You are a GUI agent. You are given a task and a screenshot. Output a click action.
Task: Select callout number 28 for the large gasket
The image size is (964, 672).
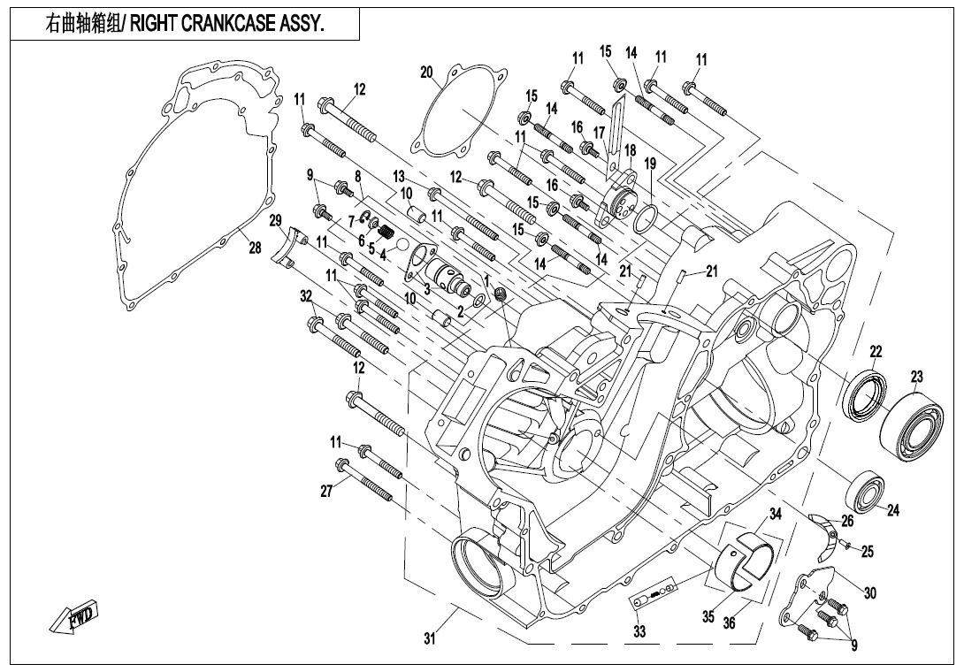pyautogui.click(x=255, y=248)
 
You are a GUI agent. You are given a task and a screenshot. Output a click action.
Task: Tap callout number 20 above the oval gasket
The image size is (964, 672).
pyautogui.click(x=426, y=72)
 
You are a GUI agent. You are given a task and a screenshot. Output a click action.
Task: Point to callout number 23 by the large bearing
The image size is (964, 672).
pyautogui.click(x=916, y=378)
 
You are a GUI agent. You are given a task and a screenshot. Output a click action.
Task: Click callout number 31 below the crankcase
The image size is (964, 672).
pyautogui.click(x=430, y=639)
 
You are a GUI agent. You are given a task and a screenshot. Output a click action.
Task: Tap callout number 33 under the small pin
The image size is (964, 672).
pyautogui.click(x=639, y=631)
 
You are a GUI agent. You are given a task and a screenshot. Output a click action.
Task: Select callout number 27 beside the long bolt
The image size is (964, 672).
pyautogui.click(x=327, y=492)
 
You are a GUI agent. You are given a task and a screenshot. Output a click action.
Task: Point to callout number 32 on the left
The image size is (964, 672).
pyautogui.click(x=306, y=295)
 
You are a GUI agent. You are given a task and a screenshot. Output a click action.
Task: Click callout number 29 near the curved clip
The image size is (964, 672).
pyautogui.click(x=275, y=220)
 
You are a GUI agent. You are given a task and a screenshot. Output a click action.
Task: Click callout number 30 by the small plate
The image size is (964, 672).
pyautogui.click(x=870, y=593)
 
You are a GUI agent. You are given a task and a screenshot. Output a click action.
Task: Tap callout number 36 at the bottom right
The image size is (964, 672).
pyautogui.click(x=729, y=622)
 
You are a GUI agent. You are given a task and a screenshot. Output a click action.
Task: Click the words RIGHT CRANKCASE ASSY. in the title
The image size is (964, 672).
pyautogui.click(x=227, y=26)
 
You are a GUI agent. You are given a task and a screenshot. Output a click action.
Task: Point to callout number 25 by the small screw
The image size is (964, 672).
pyautogui.click(x=868, y=552)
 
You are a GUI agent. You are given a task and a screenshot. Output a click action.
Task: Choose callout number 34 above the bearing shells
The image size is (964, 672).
pyautogui.click(x=775, y=514)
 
